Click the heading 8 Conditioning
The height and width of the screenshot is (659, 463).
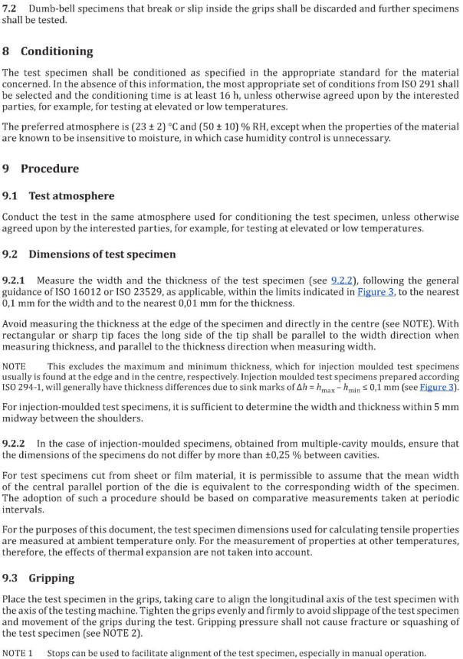tap(48, 51)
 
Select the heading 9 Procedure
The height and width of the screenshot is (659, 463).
tap(43, 169)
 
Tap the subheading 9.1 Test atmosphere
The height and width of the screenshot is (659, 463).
tap(61, 196)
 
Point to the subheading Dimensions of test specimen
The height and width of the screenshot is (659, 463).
tap(101, 254)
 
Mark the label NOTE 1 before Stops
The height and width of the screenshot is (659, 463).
tap(18, 653)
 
